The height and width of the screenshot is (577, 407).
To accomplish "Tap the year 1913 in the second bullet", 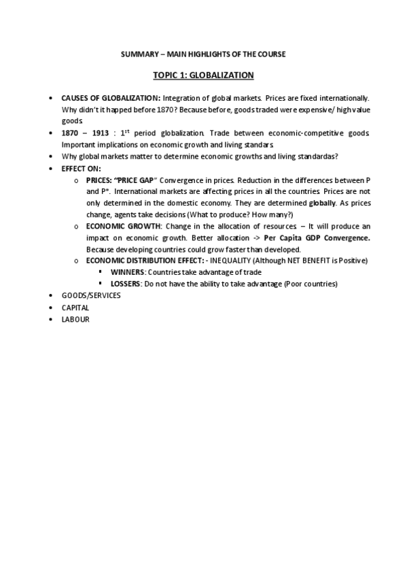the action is point(99,133).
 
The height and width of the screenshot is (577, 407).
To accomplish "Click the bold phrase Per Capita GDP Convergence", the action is point(317,237).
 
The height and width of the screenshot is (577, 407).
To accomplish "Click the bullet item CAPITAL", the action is point(75,307).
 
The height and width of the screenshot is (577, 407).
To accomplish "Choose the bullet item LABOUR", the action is point(75,318).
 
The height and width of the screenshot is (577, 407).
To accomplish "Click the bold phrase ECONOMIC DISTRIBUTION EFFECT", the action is point(143,261).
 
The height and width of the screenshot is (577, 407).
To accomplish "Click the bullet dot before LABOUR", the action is point(52,318).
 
